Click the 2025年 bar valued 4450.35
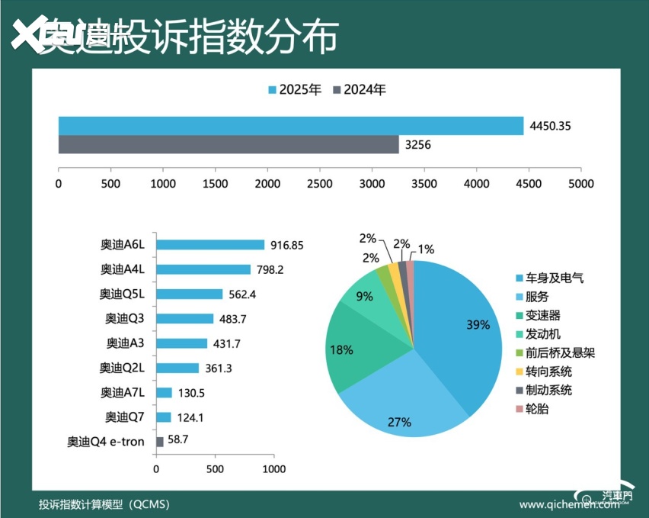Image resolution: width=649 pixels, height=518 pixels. point(291,126)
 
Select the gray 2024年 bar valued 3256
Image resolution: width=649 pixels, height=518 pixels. point(229,144)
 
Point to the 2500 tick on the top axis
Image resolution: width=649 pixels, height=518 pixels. point(320,184)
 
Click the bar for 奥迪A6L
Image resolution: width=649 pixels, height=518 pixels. point(210,245)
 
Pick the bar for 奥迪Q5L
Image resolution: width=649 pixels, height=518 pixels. point(190,294)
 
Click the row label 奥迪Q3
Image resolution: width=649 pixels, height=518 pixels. point(120,319)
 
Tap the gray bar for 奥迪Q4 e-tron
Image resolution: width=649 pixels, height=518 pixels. point(160,442)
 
